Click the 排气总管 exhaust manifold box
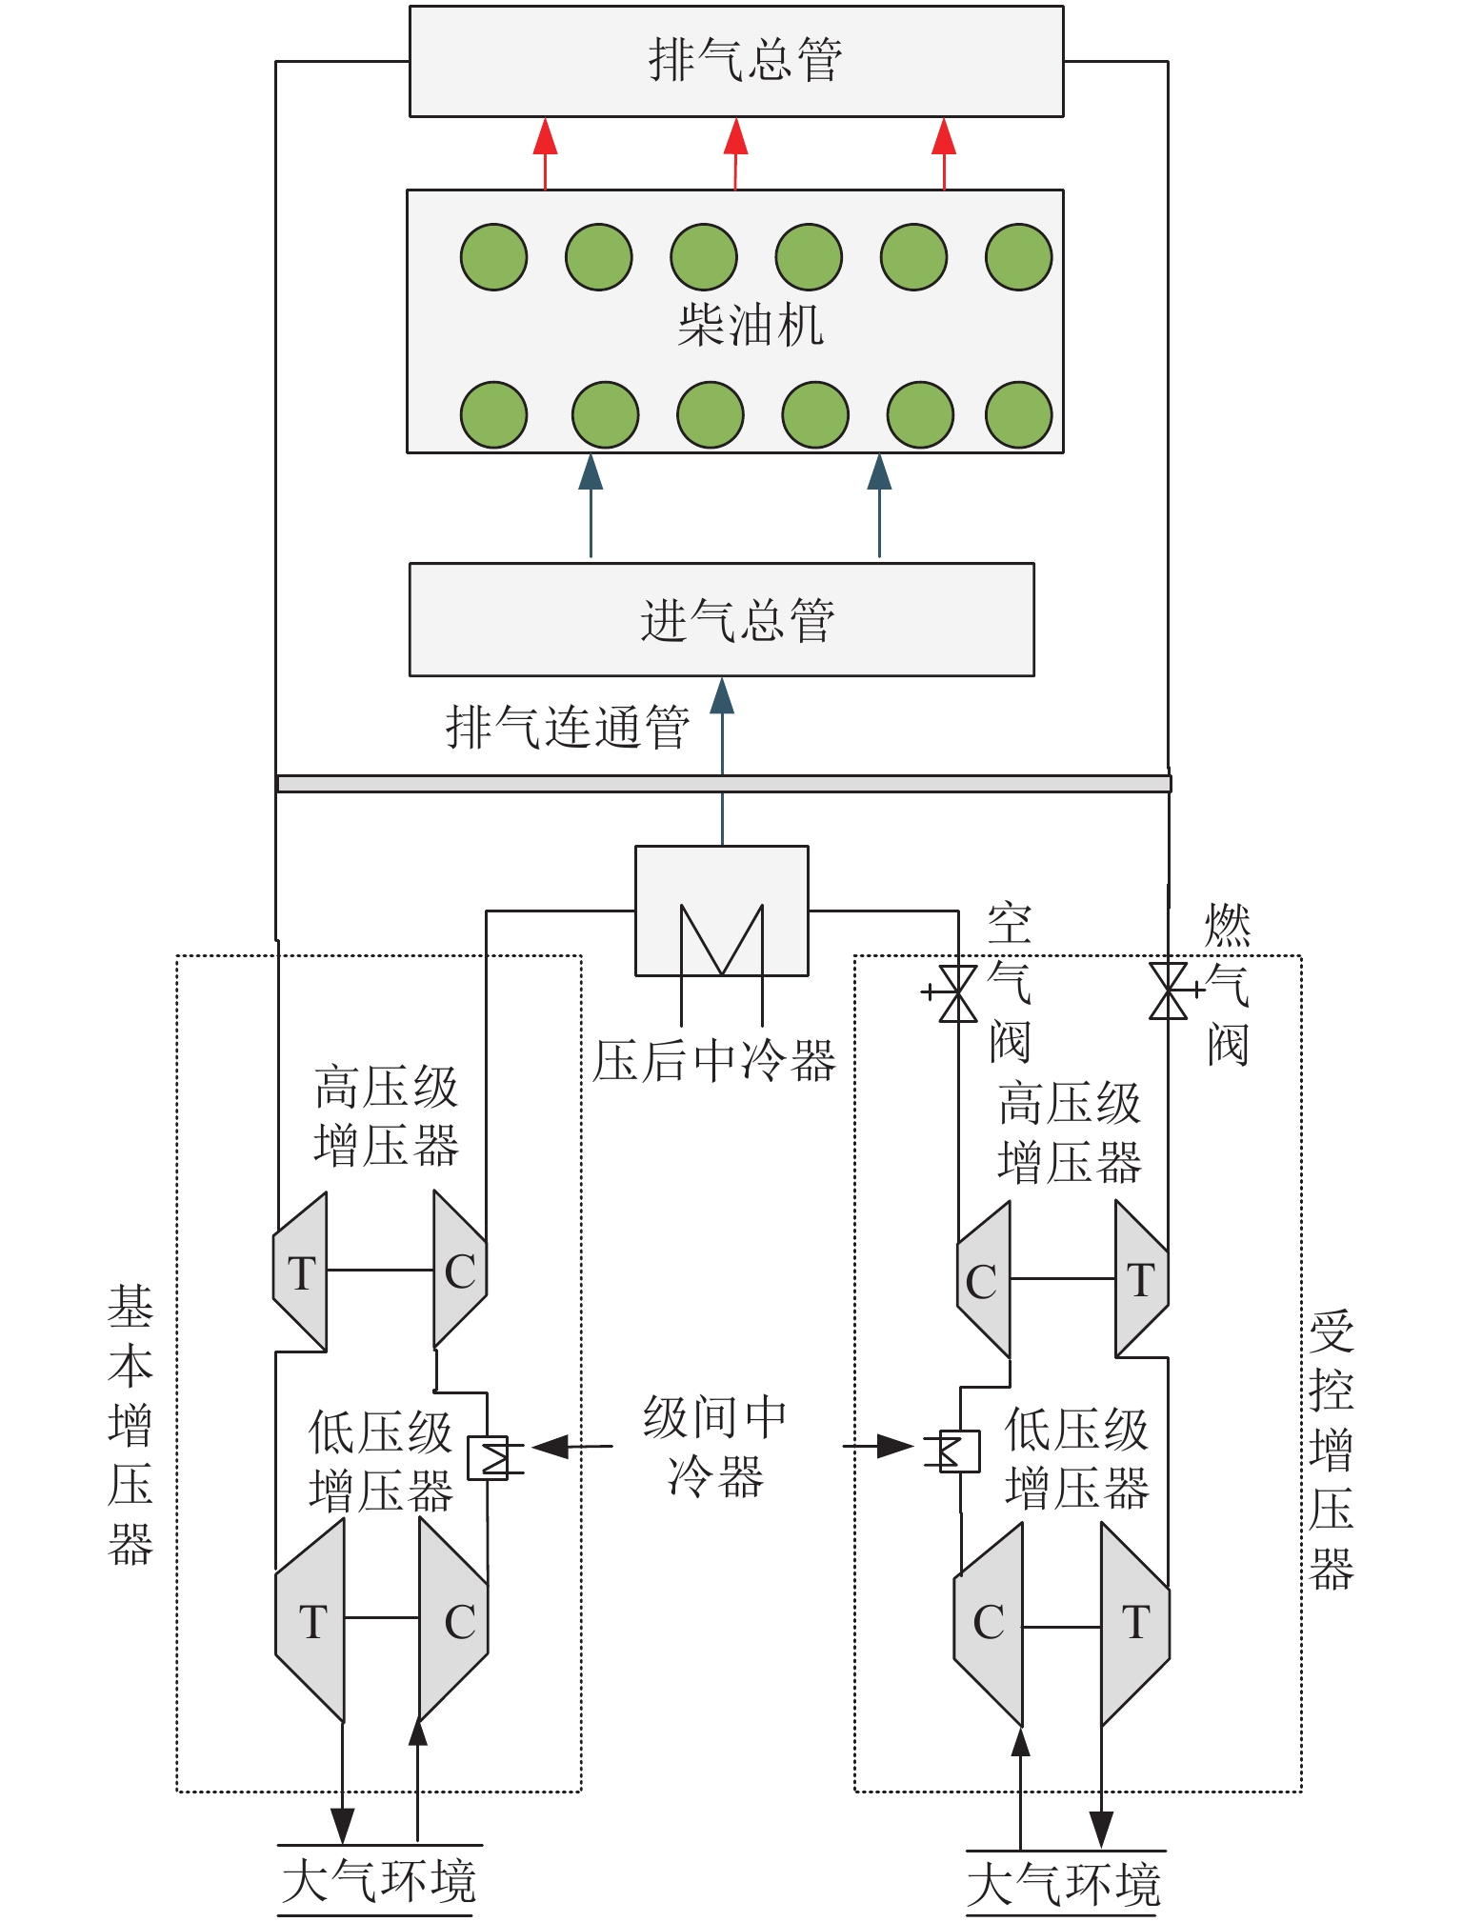[735, 61]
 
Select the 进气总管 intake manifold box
[721, 619]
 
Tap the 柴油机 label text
[750, 325]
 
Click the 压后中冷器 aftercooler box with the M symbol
[721, 911]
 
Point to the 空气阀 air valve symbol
[957, 992]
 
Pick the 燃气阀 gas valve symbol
[1169, 991]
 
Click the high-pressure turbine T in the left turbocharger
[301, 1272]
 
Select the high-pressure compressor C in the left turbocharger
[460, 1271]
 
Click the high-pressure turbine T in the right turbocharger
[1141, 1279]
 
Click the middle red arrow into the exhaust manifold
[735, 138]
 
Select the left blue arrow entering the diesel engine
[591, 473]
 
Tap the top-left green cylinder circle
[493, 257]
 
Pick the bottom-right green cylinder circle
[1018, 414]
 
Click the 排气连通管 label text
[568, 728]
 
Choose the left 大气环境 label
[379, 1880]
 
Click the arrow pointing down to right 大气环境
[1101, 1827]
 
